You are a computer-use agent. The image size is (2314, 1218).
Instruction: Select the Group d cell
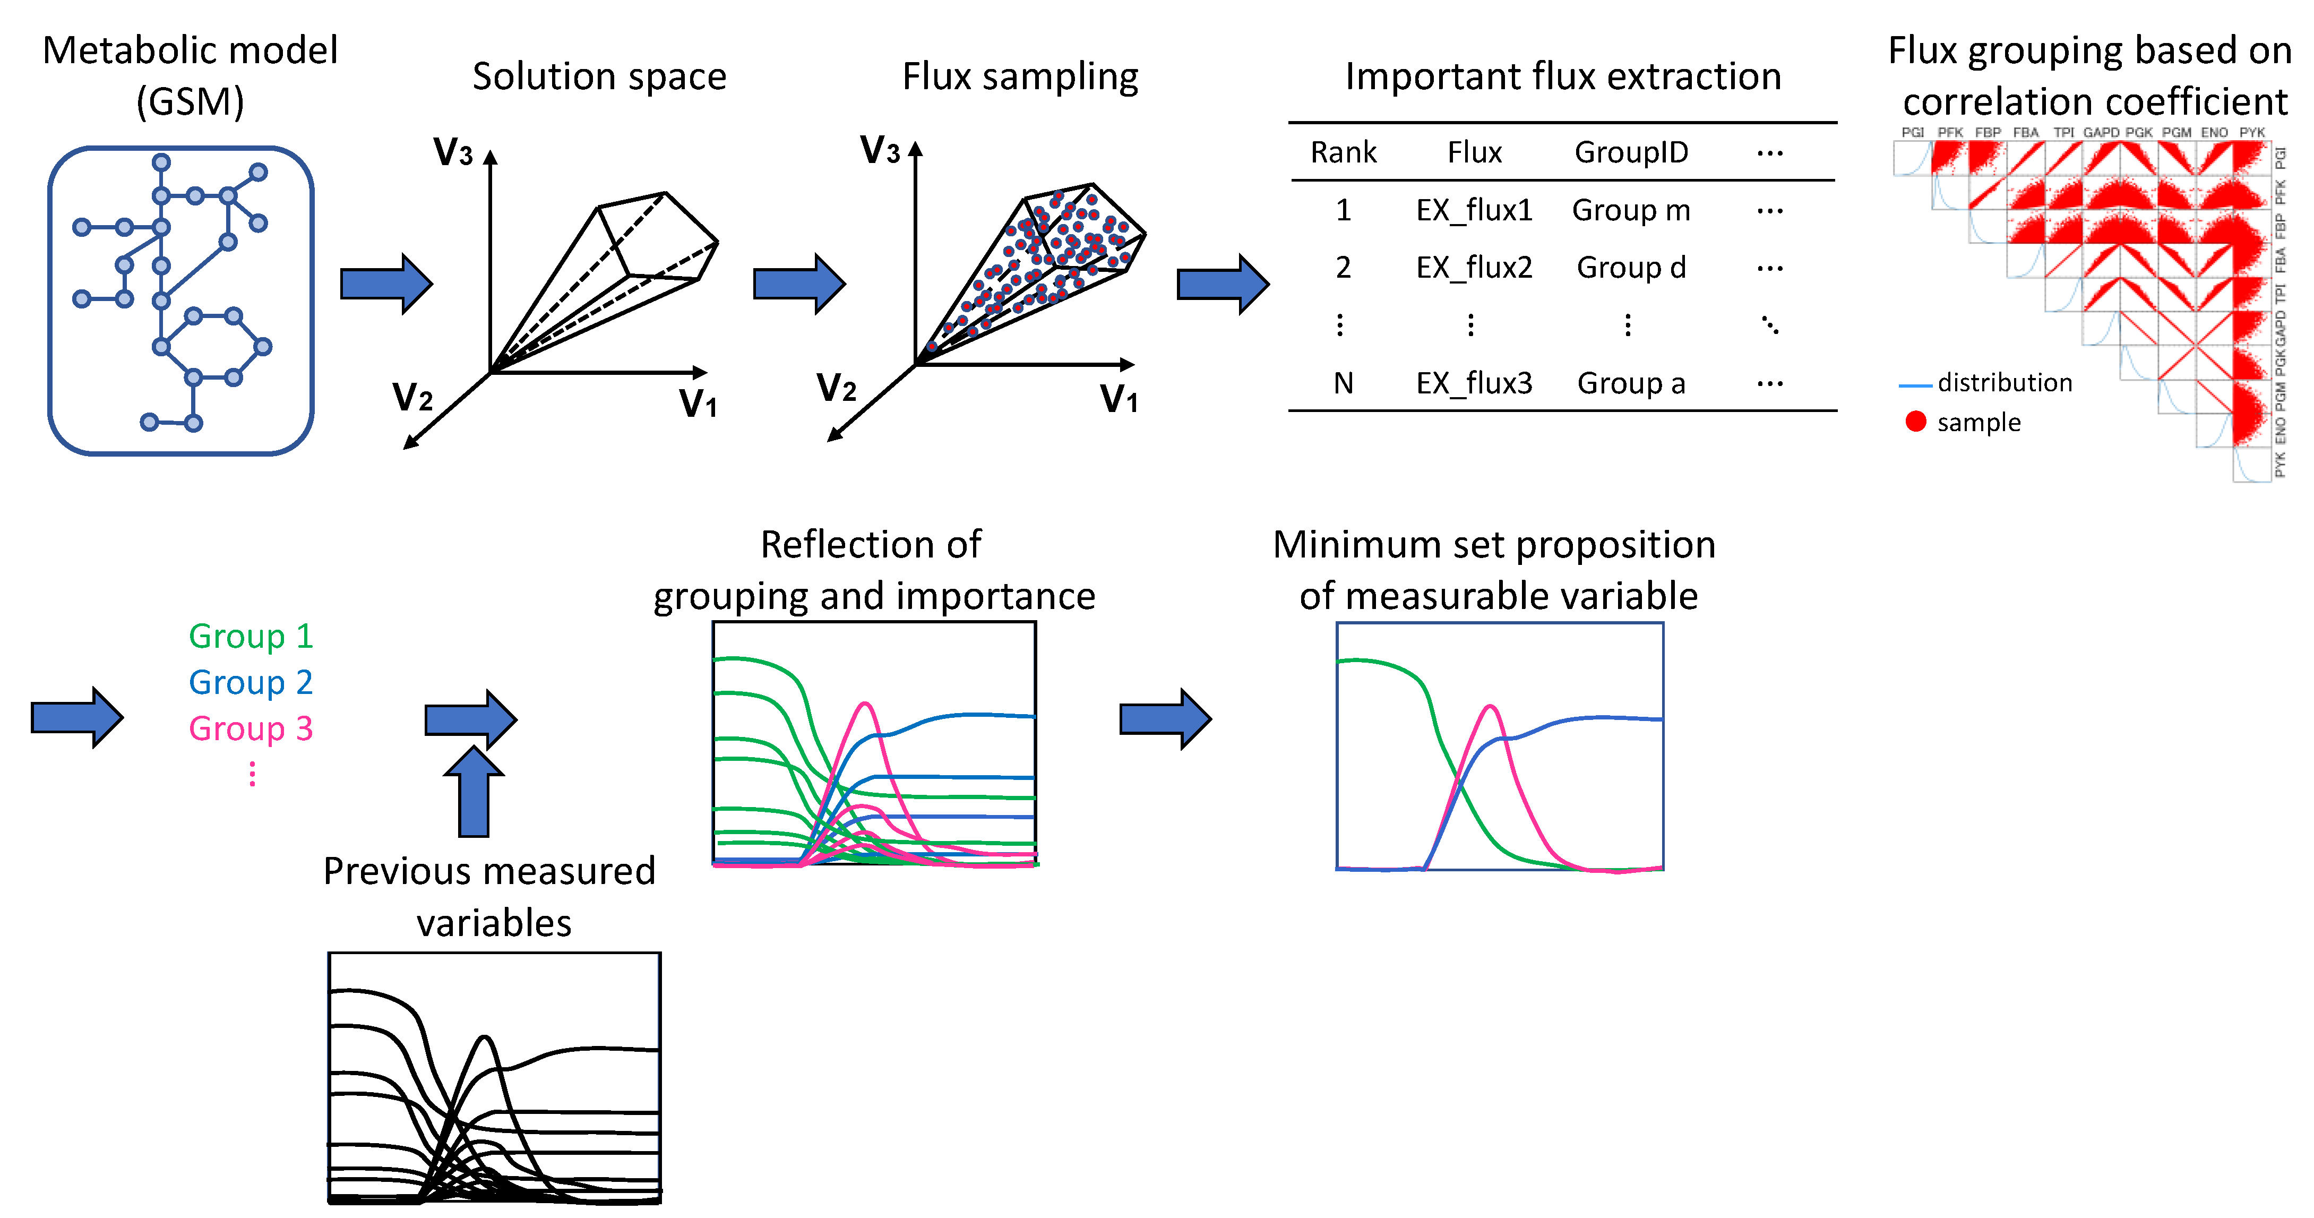tap(1630, 268)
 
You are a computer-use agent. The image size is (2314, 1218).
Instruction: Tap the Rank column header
tap(1343, 153)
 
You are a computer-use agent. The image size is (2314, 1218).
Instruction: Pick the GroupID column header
tap(1630, 153)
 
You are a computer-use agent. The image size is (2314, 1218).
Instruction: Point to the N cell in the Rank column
tap(1343, 383)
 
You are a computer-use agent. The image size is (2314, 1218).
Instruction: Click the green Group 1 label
tap(251, 636)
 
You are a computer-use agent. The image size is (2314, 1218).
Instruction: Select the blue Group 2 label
tap(251, 683)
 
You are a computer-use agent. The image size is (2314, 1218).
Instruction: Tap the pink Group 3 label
tap(251, 728)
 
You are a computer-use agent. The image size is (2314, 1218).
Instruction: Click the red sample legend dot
tap(1915, 421)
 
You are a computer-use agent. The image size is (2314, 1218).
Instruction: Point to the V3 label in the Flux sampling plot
tap(880, 150)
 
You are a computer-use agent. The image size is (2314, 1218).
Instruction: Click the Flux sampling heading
tap(1020, 76)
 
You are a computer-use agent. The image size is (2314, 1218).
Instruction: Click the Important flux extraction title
tap(1562, 76)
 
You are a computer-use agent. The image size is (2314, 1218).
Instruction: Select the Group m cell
tap(1630, 210)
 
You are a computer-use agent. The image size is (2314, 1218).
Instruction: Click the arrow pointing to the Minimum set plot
tap(1165, 718)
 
